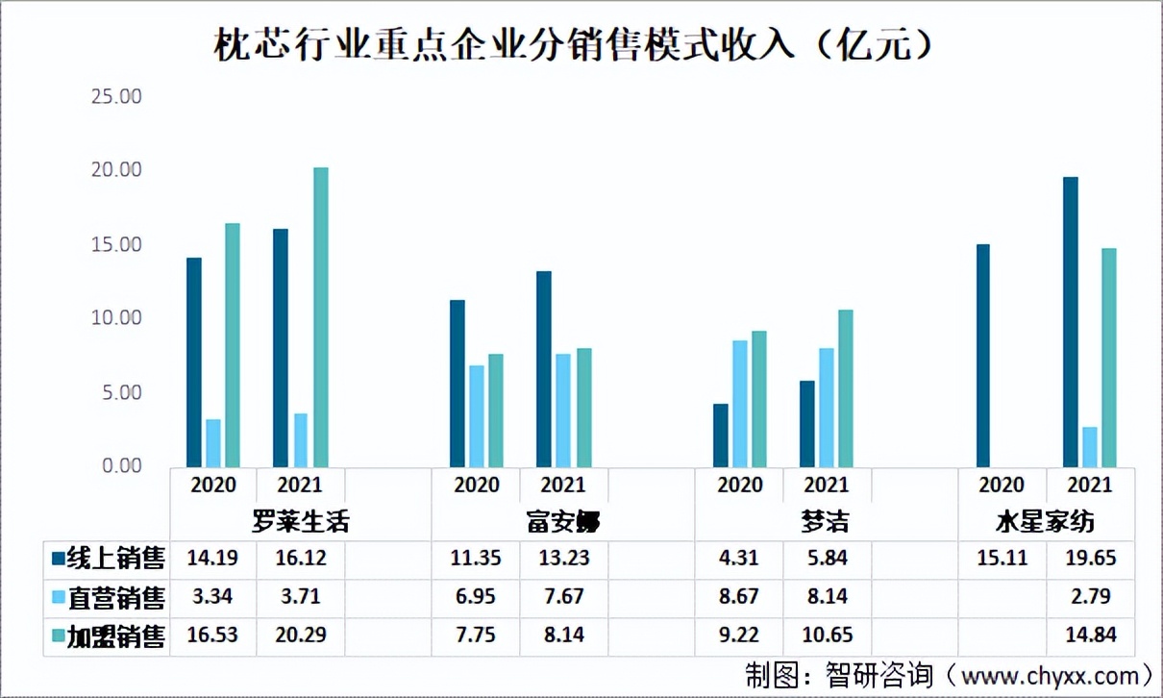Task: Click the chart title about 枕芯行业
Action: (x=574, y=45)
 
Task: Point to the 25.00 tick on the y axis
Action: (x=114, y=97)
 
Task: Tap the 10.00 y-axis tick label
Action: (x=114, y=318)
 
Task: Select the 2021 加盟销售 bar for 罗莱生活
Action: (x=321, y=317)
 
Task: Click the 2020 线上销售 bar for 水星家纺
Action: (x=982, y=356)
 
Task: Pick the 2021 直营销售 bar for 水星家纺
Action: (x=1089, y=447)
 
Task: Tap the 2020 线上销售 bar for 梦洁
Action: (x=720, y=436)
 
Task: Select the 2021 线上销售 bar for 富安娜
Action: (x=544, y=369)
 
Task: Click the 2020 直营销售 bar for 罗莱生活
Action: (x=213, y=443)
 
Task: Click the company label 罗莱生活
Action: (x=300, y=522)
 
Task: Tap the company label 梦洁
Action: (x=826, y=522)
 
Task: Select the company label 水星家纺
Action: (x=1044, y=522)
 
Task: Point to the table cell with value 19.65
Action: (x=1089, y=559)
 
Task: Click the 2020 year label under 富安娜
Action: (x=476, y=485)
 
